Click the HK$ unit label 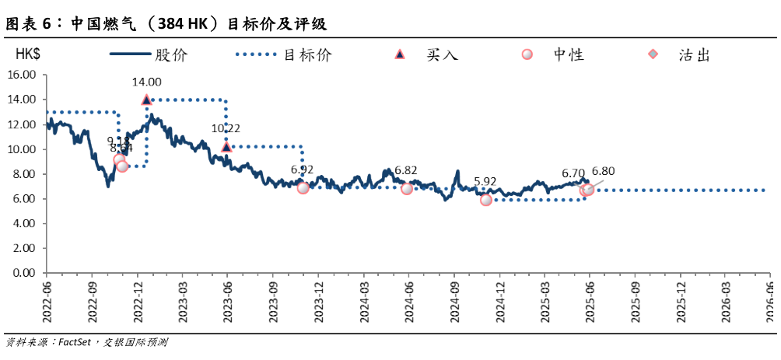pos(30,55)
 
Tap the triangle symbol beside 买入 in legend pos(400,54)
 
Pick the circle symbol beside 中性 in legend pos(527,54)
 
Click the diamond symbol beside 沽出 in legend pos(653,54)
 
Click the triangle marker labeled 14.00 pos(146,100)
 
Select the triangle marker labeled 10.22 pos(226,146)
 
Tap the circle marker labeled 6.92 pos(303,187)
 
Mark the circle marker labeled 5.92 pos(486,200)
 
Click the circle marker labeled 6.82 pos(407,188)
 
